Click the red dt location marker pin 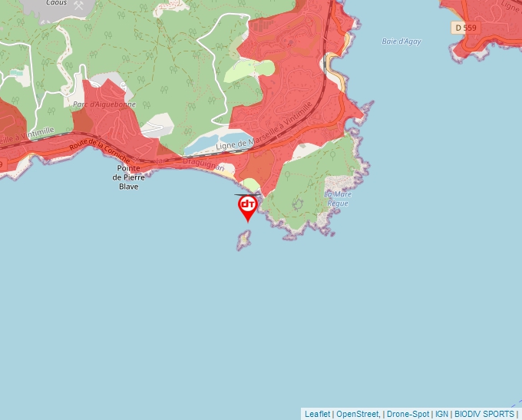248,206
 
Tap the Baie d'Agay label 401,41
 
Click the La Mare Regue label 338,198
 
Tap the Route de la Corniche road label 100,148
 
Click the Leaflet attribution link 317,414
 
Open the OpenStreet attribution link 357,414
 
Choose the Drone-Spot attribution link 408,414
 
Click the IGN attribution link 441,414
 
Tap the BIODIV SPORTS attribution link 484,414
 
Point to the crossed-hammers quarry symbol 78,4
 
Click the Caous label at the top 56,3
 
